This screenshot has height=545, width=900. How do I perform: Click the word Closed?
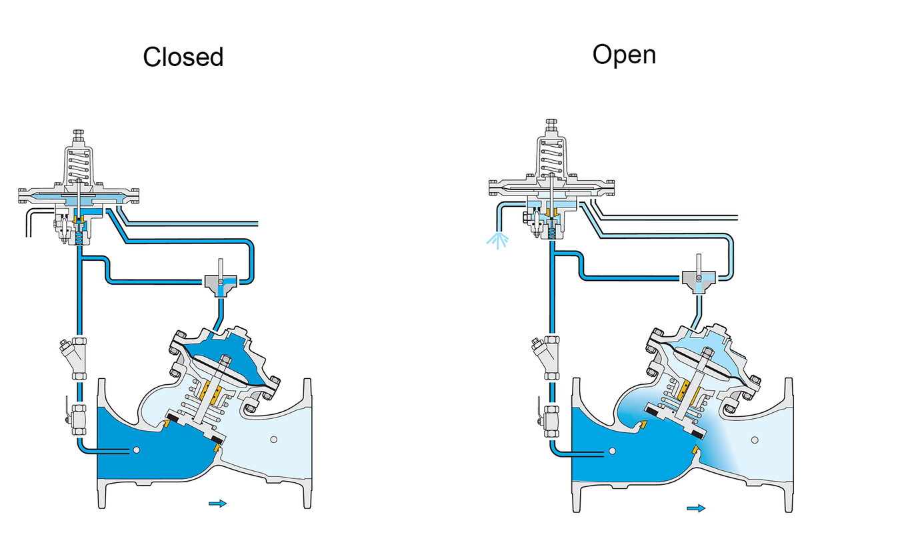click(183, 57)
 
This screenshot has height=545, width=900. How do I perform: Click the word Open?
click(624, 55)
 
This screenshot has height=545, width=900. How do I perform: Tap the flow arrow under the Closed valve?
click(217, 504)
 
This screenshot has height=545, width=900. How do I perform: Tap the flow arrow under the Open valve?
click(696, 508)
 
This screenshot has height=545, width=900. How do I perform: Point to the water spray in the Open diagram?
click(497, 239)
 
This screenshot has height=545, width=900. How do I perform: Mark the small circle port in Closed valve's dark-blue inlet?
click(137, 450)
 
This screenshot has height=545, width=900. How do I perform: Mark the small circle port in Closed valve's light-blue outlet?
click(273, 440)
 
